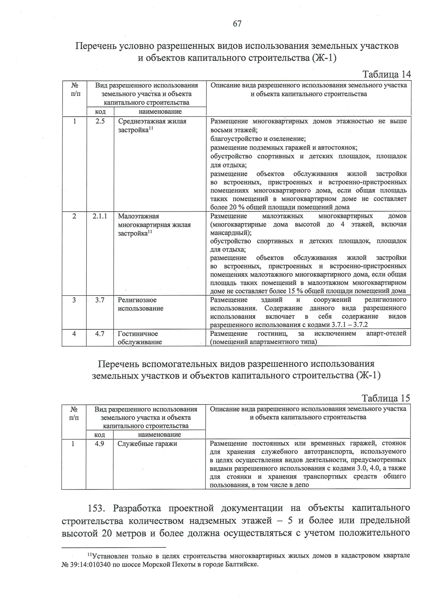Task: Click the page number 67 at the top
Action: click(237, 24)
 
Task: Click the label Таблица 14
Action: click(386, 74)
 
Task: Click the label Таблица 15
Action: click(386, 398)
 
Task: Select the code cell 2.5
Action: click(100, 121)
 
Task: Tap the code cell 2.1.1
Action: click(100, 216)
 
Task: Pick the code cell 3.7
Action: click(100, 300)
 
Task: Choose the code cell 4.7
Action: click(100, 334)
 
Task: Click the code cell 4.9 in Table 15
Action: click(99, 444)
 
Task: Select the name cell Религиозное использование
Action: click(141, 304)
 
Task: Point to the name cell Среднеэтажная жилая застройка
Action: click(152, 126)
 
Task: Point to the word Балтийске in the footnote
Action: click(243, 564)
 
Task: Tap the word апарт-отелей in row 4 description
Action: click(386, 333)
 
